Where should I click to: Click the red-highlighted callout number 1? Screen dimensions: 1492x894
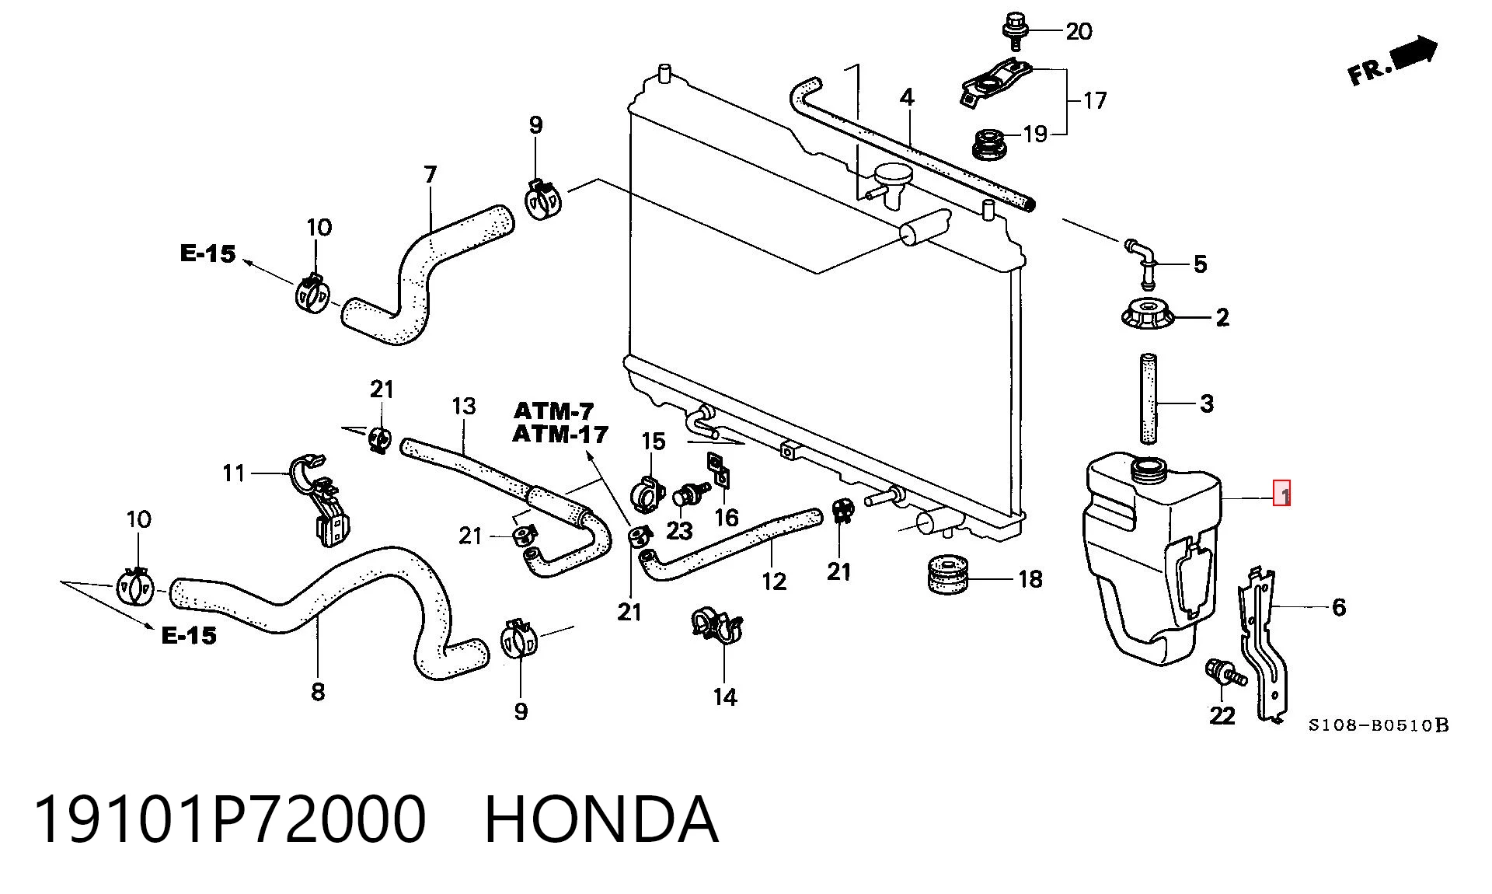(1281, 494)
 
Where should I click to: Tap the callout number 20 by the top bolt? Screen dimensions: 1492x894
(1079, 32)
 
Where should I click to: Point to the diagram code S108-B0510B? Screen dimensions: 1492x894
(1379, 725)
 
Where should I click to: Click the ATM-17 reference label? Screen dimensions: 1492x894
(559, 434)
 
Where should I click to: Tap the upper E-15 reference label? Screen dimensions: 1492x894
(207, 253)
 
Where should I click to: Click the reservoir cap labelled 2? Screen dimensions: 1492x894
(1149, 315)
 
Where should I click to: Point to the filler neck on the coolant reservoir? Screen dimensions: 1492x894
(1148, 467)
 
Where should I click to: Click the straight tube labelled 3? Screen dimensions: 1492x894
(1149, 398)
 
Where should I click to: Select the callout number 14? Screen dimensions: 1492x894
(725, 697)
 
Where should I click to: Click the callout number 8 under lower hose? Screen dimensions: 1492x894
(318, 691)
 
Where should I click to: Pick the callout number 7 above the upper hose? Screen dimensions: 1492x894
(431, 174)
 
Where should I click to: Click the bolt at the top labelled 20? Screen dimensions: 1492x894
(1013, 30)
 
